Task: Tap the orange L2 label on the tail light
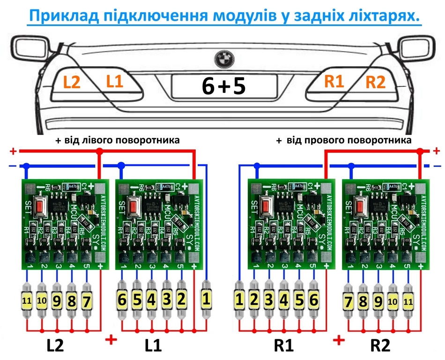pyautogui.click(x=72, y=82)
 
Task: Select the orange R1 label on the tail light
pyautogui.click(x=334, y=82)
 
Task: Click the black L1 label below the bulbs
pyautogui.click(x=153, y=346)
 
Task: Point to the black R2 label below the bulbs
pyautogui.click(x=380, y=346)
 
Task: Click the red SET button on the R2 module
pyautogui.click(x=363, y=206)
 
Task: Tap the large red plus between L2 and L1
pyautogui.click(x=111, y=339)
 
